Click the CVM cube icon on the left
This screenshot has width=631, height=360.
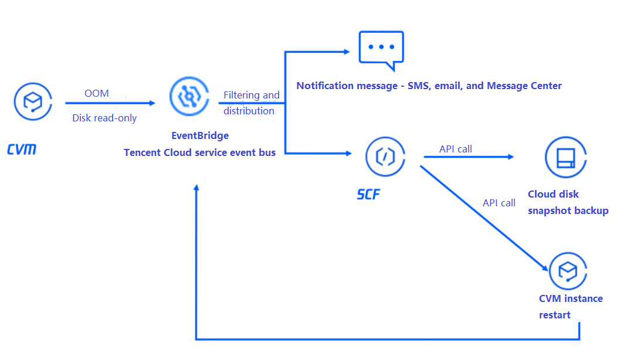click(x=33, y=102)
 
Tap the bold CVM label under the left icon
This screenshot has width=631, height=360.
click(x=22, y=150)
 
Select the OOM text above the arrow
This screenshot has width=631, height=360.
click(x=97, y=93)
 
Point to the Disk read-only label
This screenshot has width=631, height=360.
click(x=104, y=118)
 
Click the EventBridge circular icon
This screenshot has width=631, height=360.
click(x=188, y=98)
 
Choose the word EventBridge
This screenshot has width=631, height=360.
click(x=200, y=135)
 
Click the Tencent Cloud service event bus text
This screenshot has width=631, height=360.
click(x=199, y=152)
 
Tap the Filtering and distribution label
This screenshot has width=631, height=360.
click(x=251, y=103)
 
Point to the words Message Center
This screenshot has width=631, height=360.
click(x=524, y=86)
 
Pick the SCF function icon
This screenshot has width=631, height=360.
click(x=385, y=156)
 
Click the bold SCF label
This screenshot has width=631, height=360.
click(x=368, y=194)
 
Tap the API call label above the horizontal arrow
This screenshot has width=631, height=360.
click(x=456, y=149)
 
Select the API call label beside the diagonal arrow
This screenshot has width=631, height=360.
click(x=499, y=203)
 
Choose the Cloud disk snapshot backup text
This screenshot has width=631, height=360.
click(x=568, y=202)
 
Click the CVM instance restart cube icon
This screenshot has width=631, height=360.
click(x=568, y=271)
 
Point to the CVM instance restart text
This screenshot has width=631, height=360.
click(x=570, y=307)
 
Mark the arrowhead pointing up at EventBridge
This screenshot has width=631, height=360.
click(x=196, y=189)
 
